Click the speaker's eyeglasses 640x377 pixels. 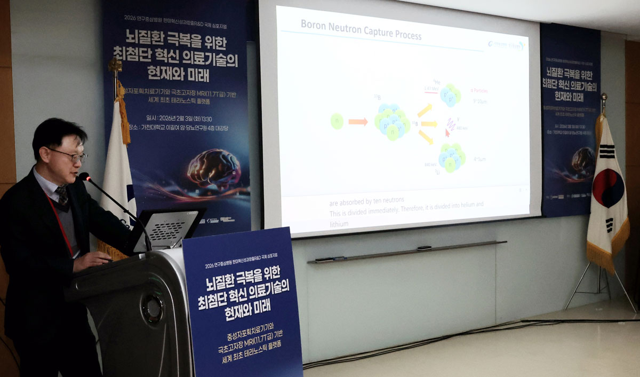tap(69, 155)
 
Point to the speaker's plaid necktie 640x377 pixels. tap(63, 195)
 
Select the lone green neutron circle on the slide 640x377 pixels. tap(337, 121)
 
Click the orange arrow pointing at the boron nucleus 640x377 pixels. tap(358, 122)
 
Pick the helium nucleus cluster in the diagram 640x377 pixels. tap(450, 95)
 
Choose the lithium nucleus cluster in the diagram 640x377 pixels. tap(451, 157)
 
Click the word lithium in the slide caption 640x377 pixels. tap(339, 224)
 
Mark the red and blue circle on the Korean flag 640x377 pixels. tap(609, 188)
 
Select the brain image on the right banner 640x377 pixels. tap(583, 160)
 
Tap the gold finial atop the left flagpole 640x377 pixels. tap(115, 66)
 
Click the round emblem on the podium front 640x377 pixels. tap(154, 308)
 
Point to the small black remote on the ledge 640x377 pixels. tap(424, 248)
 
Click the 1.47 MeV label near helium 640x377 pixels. tap(431, 88)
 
